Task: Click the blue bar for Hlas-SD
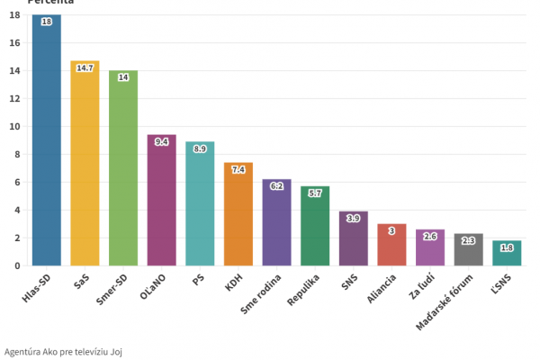click(47, 144)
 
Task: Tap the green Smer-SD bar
click(123, 171)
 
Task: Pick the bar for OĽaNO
click(162, 202)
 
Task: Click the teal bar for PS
click(200, 207)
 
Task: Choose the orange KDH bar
click(238, 216)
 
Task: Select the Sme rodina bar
click(276, 225)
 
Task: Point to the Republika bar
click(315, 229)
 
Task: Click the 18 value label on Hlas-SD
click(47, 21)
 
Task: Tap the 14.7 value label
click(85, 67)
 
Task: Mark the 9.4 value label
click(162, 141)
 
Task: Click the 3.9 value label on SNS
click(354, 219)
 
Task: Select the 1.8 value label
click(507, 247)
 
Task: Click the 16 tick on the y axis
click(14, 42)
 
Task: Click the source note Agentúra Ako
click(63, 351)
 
